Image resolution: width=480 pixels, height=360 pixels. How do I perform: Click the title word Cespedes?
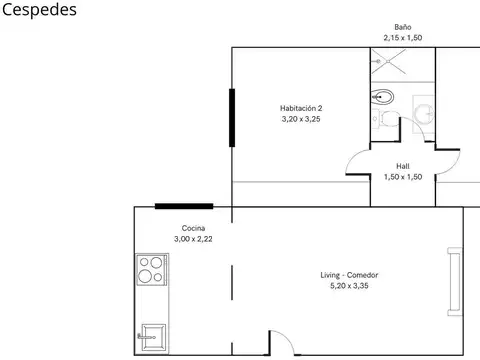point(37,10)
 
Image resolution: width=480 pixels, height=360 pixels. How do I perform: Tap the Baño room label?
point(403,28)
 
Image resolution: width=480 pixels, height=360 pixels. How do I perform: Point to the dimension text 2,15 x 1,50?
point(403,38)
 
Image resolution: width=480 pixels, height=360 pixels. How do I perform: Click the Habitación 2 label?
point(301,108)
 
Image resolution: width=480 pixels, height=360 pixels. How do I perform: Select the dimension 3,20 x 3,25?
point(301,119)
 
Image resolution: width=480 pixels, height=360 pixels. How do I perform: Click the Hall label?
point(403,166)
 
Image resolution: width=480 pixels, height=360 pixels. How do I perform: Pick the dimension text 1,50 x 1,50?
point(403,177)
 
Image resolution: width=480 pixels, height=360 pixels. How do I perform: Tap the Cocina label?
point(194,229)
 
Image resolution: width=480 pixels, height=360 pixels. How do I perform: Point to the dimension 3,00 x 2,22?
point(194,240)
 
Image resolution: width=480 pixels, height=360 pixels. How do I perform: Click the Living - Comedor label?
point(348,275)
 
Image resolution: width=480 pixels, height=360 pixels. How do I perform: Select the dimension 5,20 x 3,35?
point(348,286)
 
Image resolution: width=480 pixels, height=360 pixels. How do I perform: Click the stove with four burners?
point(151,272)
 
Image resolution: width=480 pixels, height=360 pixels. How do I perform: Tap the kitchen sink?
point(151,335)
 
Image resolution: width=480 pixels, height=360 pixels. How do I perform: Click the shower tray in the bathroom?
point(386,63)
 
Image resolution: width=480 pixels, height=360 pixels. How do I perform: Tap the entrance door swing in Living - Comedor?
point(283,343)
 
